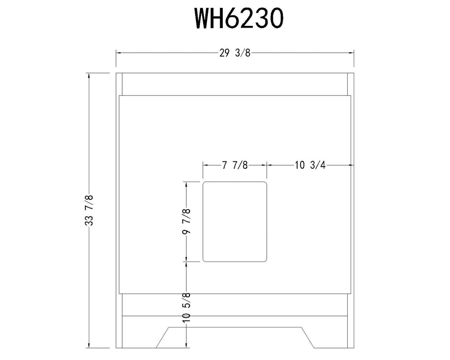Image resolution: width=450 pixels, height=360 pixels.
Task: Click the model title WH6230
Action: click(x=239, y=18)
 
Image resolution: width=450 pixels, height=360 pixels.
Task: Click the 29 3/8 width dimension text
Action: click(x=235, y=53)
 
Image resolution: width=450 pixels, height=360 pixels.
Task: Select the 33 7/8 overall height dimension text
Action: click(x=90, y=210)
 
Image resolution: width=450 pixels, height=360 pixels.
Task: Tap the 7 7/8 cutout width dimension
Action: click(x=235, y=165)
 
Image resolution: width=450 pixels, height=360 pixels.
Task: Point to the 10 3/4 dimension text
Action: click(x=310, y=165)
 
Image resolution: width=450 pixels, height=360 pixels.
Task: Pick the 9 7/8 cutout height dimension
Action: click(x=187, y=222)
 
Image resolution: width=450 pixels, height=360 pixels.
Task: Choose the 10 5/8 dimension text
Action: click(x=186, y=307)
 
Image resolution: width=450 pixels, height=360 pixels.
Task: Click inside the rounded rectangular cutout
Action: click(x=235, y=222)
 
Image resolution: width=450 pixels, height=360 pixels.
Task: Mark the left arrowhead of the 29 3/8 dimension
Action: click(x=118, y=53)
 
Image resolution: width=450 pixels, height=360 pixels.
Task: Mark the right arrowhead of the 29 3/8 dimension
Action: click(x=352, y=53)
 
